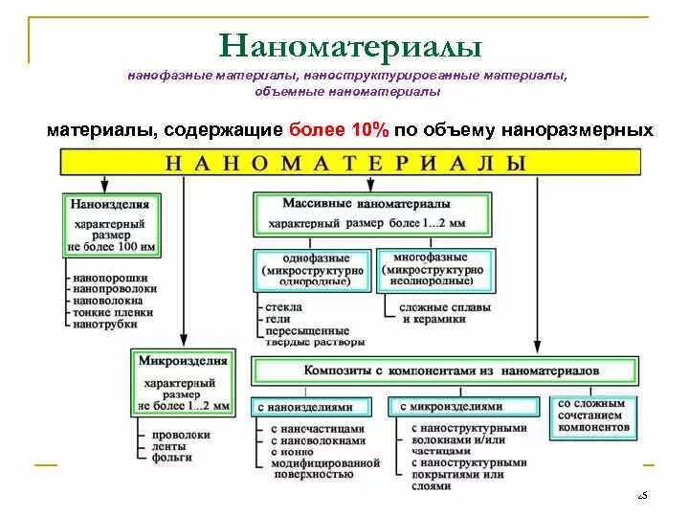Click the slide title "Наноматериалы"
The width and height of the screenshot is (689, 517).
[x=350, y=47]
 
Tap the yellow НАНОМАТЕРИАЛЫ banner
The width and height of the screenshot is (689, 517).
[x=345, y=163]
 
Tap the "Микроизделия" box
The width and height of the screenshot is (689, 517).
[x=183, y=381]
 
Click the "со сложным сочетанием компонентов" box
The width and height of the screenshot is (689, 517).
[x=590, y=418]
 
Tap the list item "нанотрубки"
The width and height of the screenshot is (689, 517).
[x=105, y=324]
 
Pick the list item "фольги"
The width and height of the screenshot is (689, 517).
[x=168, y=457]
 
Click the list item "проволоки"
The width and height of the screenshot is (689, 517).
[x=174, y=434]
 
